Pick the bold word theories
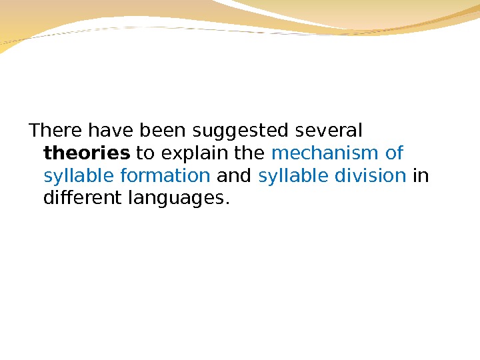tap(87, 153)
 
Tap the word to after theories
tap(145, 153)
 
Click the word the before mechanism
tap(251, 153)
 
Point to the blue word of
tap(393, 153)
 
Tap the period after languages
tap(227, 203)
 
